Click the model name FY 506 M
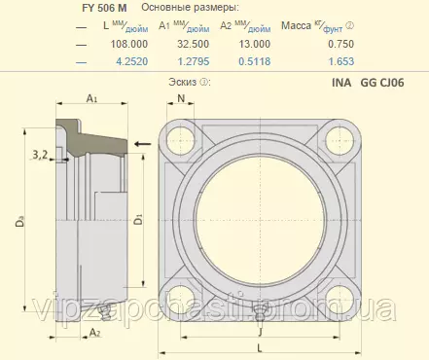pyautogui.click(x=104, y=8)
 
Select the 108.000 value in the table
pyautogui.click(x=129, y=44)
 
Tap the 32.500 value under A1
pyautogui.click(x=193, y=44)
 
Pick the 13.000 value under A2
pyautogui.click(x=255, y=44)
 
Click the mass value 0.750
pyautogui.click(x=340, y=44)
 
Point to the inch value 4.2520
pyautogui.click(x=132, y=61)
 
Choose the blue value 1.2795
pyautogui.click(x=194, y=61)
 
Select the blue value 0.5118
pyautogui.click(x=255, y=61)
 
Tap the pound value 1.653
pyautogui.click(x=341, y=61)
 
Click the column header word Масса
pyautogui.click(x=296, y=25)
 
